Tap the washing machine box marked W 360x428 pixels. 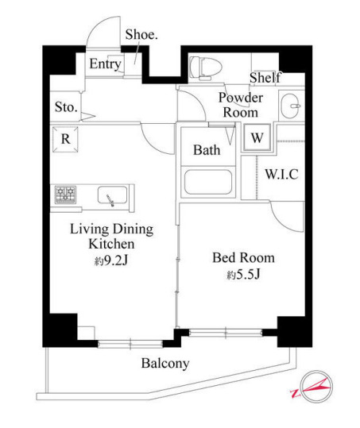(x=257, y=137)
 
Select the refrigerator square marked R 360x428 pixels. (x=64, y=137)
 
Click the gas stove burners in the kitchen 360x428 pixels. (x=65, y=194)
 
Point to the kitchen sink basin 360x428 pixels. (x=111, y=195)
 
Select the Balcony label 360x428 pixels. (x=165, y=364)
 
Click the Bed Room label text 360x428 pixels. (x=242, y=257)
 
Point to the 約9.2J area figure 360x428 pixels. (x=110, y=261)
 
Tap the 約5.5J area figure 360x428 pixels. (x=243, y=275)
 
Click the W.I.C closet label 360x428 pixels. (x=281, y=174)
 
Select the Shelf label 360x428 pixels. (x=265, y=78)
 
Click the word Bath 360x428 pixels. (x=207, y=148)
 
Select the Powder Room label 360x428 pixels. (x=239, y=105)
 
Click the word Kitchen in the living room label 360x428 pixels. (x=110, y=244)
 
